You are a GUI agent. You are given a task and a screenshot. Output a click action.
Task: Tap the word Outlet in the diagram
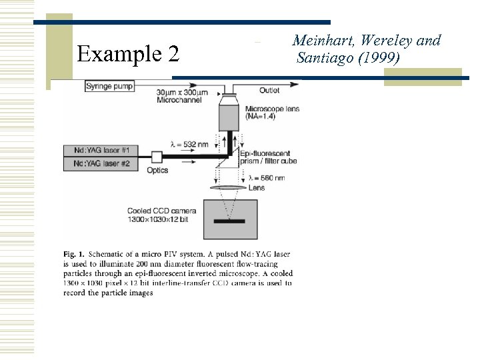coord(270,91)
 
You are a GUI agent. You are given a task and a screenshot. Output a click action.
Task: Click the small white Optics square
coord(157,157)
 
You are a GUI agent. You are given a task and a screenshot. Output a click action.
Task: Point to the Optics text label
coord(158,171)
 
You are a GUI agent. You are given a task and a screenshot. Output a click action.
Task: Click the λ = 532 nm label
coord(189,144)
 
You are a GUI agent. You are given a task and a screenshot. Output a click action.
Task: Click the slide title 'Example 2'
coord(128,53)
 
